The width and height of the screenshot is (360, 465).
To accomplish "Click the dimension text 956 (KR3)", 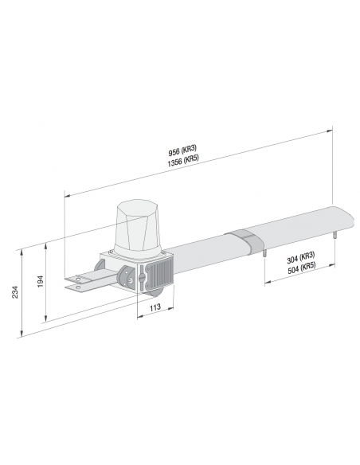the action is click(x=182, y=150).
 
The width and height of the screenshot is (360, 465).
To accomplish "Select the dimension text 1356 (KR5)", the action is click(x=182, y=160).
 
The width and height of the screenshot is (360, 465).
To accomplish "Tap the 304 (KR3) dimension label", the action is click(x=301, y=258).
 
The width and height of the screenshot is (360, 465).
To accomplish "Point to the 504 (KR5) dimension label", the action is click(x=301, y=268).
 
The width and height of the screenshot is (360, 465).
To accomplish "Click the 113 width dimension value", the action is click(x=155, y=307).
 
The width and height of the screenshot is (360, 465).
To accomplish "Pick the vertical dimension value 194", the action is click(x=41, y=281).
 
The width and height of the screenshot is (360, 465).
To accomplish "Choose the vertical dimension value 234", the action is click(x=15, y=292).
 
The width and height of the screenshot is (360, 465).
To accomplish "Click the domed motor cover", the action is click(x=138, y=228).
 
